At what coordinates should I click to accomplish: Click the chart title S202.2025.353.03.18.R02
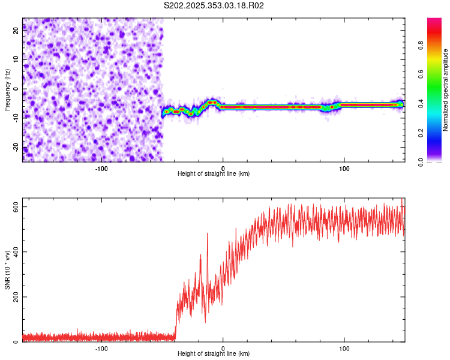[214, 5]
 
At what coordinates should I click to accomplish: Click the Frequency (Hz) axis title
[7, 90]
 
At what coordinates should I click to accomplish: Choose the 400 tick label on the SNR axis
[16, 252]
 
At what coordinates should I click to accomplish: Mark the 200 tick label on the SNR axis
[16, 297]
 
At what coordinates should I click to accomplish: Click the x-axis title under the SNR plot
[214, 354]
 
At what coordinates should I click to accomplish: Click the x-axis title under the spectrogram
[214, 173]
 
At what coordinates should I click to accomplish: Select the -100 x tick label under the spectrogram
[101, 169]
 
